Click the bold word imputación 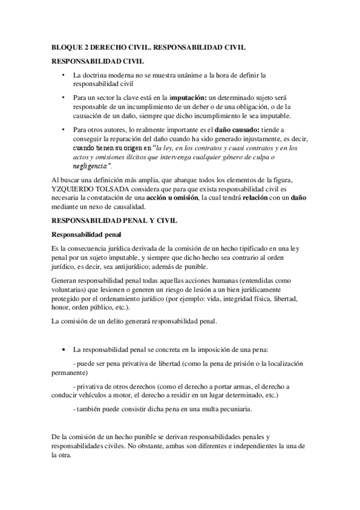(x=189, y=97)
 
